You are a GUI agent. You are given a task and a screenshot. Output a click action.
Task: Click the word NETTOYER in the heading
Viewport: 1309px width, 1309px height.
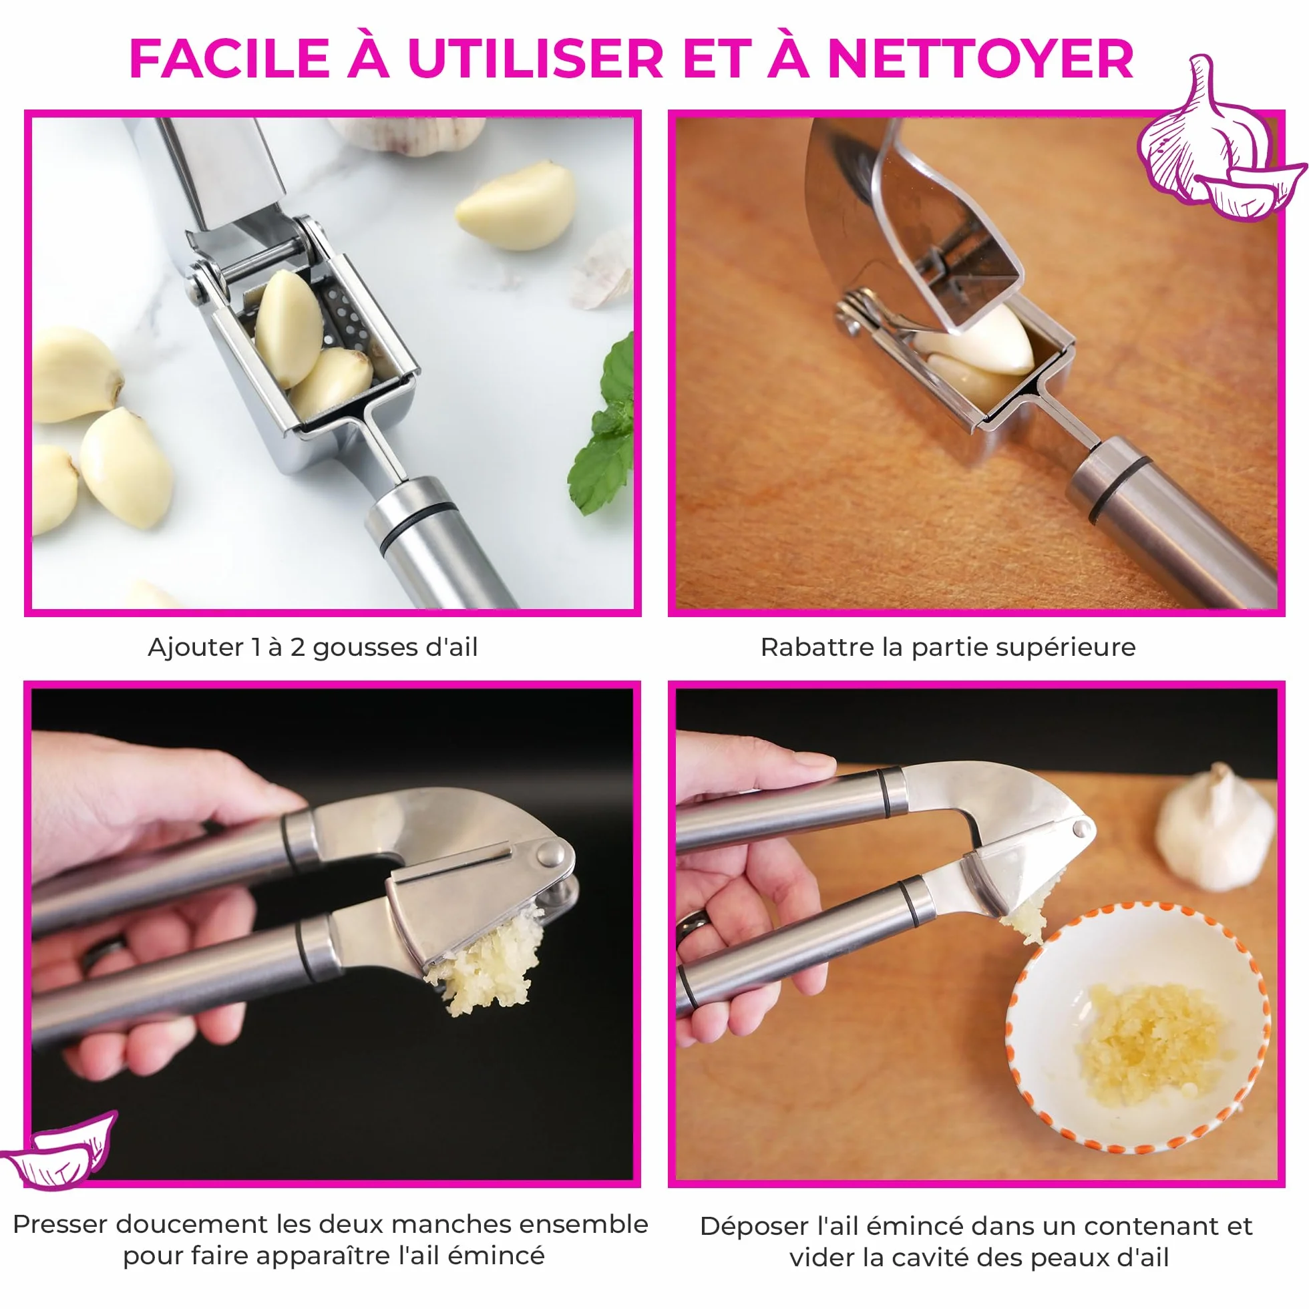click(980, 59)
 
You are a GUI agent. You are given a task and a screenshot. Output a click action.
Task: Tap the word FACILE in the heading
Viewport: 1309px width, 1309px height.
click(229, 59)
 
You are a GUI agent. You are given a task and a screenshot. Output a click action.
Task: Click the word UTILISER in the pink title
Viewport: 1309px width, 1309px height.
click(535, 59)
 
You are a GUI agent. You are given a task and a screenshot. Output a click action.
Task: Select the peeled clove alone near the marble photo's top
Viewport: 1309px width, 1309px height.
click(516, 205)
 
